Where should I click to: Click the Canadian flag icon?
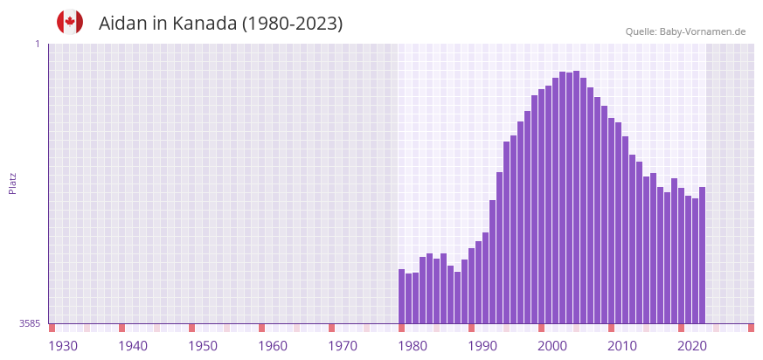pyautogui.click(x=70, y=23)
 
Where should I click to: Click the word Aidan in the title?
pyautogui.click(x=122, y=24)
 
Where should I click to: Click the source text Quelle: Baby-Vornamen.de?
pyautogui.click(x=685, y=31)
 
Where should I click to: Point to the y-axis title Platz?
pyautogui.click(x=12, y=183)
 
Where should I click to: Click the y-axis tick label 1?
pyautogui.click(x=38, y=44)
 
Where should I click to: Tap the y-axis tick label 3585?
pyautogui.click(x=30, y=323)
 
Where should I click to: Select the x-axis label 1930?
pyautogui.click(x=63, y=346)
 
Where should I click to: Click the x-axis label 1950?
pyautogui.click(x=203, y=346)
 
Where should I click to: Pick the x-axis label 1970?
pyautogui.click(x=343, y=346)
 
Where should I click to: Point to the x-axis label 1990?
pyautogui.click(x=482, y=346)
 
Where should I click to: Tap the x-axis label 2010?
pyautogui.click(x=622, y=346)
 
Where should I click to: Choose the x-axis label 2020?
pyautogui.click(x=692, y=346)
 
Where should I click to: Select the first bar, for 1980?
pyautogui.click(x=402, y=296)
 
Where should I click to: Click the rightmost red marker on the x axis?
pyautogui.click(x=751, y=328)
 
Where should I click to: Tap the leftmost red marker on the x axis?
pyautogui.click(x=52, y=328)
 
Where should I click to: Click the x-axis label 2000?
pyautogui.click(x=552, y=346)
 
